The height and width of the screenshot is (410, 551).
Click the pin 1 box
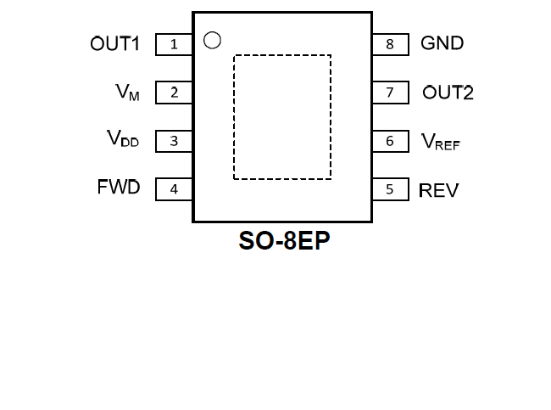point(174,44)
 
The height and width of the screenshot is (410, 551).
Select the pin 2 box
point(174,93)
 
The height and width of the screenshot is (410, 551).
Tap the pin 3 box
point(174,141)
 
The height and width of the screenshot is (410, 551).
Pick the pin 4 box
point(174,189)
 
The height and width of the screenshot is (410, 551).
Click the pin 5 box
point(390,189)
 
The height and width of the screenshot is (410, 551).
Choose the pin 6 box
point(390,141)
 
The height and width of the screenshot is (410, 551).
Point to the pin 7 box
point(390,93)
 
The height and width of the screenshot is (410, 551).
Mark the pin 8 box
point(390,44)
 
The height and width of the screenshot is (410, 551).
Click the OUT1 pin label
point(114,43)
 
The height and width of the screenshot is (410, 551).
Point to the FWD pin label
point(119,188)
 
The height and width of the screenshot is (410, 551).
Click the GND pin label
point(442,42)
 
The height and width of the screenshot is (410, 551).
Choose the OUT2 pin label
point(448,93)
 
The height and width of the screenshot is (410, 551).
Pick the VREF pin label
point(441,142)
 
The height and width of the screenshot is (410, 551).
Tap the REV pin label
point(439,190)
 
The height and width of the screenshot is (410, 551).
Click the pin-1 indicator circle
point(213,40)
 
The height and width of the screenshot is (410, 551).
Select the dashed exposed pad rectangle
point(282,117)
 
